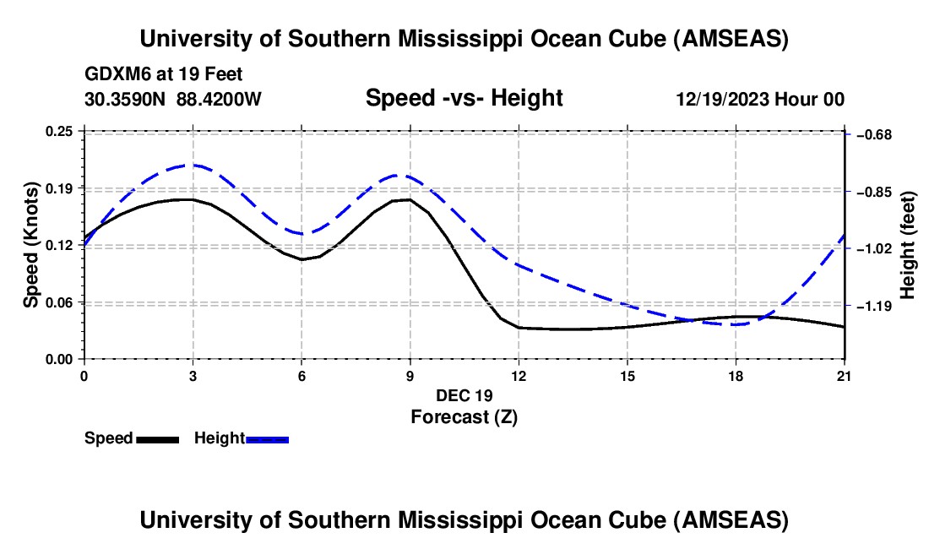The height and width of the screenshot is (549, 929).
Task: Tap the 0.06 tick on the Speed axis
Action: click(x=84, y=302)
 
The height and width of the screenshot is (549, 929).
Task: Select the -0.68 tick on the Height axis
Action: click(x=845, y=134)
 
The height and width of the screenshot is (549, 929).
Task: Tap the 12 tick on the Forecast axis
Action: click(x=519, y=359)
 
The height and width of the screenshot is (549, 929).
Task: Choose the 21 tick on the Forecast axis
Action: click(x=845, y=359)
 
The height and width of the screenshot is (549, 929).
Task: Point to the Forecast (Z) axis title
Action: click(x=464, y=417)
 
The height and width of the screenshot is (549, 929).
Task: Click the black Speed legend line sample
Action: click(x=157, y=439)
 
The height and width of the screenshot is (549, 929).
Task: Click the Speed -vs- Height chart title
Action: click(x=464, y=98)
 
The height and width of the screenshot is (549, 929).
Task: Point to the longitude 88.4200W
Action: click(x=219, y=100)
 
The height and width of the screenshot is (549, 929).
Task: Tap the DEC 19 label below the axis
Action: click(x=464, y=395)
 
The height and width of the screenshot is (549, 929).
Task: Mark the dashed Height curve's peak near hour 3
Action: click(x=193, y=166)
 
